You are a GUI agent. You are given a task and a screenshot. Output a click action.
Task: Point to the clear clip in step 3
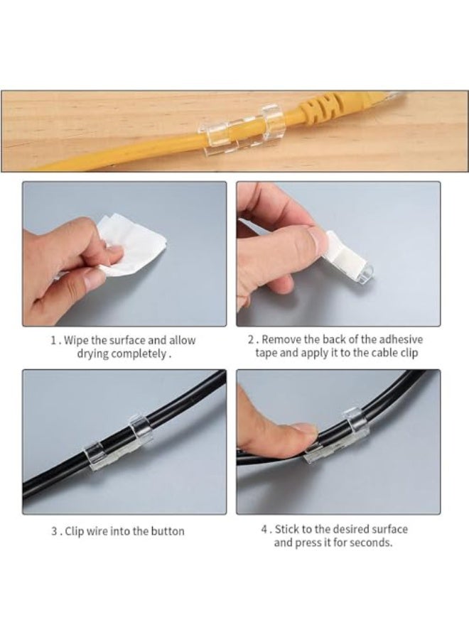tap(118, 443)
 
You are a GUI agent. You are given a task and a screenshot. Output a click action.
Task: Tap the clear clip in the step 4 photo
tap(338, 438)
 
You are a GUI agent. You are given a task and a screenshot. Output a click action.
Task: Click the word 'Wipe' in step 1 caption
tap(75, 340)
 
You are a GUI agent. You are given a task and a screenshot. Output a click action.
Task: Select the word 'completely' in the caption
tap(139, 354)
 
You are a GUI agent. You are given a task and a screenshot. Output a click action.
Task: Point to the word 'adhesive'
tap(401, 339)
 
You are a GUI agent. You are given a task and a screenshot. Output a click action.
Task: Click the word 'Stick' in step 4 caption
tap(286, 530)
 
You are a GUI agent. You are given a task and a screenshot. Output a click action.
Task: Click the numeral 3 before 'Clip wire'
tap(54, 531)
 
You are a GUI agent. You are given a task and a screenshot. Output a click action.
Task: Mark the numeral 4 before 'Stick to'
tap(264, 530)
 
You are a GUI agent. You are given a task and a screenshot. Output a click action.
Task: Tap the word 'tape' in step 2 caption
tap(266, 353)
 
